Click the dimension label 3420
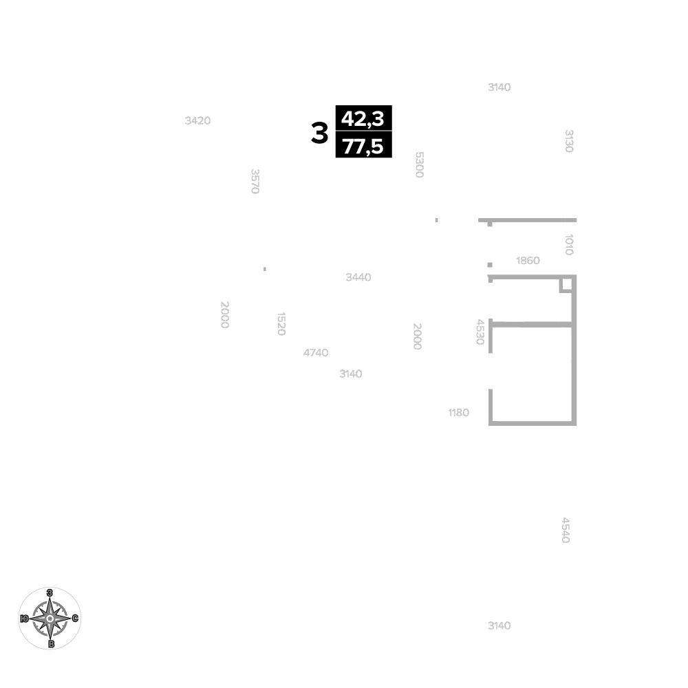pos(198,120)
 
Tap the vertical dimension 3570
pos(255,181)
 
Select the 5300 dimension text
pos(420,164)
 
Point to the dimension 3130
pos(569,141)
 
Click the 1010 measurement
pos(569,244)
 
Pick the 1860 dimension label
pos(528,261)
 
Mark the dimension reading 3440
pos(358,277)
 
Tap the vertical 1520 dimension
pos(281,324)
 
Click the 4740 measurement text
pos(316,353)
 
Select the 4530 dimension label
pos(480,332)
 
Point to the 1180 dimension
pos(458,413)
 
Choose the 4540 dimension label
pos(566,530)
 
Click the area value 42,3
pos(363,118)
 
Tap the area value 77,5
pos(363,146)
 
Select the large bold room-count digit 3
pos(319,133)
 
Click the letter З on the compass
pos(50,593)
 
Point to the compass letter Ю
pos(25,619)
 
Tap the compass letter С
pos(75,619)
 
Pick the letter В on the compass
pos(51,644)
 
